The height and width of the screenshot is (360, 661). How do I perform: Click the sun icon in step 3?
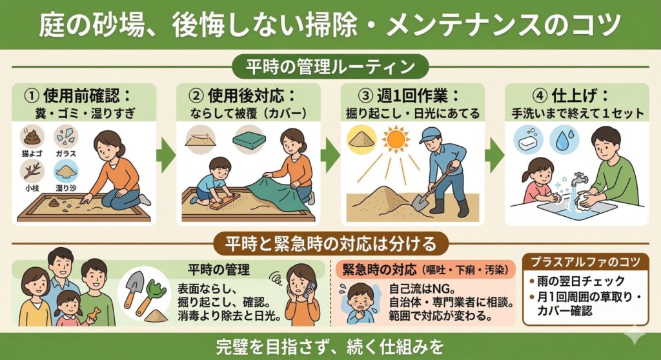click(x=396, y=139)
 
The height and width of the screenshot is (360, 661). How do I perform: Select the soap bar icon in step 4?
click(x=528, y=140)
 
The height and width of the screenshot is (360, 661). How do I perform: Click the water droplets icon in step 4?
click(x=564, y=139)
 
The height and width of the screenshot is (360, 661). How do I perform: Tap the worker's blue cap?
click(x=429, y=135)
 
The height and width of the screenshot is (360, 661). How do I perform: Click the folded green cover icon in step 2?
click(x=249, y=140)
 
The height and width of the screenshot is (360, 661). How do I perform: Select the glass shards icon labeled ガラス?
click(x=66, y=136)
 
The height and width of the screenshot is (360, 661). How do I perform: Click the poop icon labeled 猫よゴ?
click(x=32, y=136)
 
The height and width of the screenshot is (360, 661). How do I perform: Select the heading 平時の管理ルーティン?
click(x=330, y=67)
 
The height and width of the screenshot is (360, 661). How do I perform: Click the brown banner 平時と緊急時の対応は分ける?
click(x=330, y=244)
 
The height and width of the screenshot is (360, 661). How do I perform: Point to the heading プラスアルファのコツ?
click(x=585, y=262)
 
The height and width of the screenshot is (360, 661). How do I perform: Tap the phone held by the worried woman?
click(x=309, y=288)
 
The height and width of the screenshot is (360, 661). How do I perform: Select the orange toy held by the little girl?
click(x=95, y=314)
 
